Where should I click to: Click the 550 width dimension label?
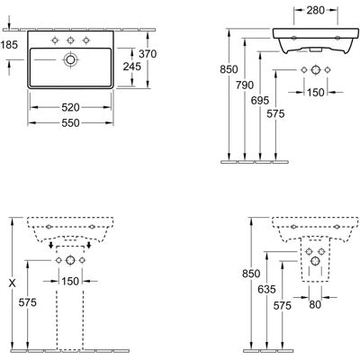(70, 123)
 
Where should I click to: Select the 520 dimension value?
(70, 107)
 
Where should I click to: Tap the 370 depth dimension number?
(148, 54)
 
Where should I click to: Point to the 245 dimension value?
(132, 67)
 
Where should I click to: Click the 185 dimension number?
(9, 45)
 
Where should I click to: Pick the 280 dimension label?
(316, 11)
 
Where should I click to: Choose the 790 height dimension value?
(245, 85)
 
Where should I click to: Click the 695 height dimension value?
(260, 101)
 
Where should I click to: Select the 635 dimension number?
(266, 290)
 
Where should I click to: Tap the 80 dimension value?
(315, 305)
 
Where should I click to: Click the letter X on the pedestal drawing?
(12, 283)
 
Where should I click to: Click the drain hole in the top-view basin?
(70, 59)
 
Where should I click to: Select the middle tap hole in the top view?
(70, 40)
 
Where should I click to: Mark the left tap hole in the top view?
(55, 40)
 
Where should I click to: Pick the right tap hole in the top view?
(86, 40)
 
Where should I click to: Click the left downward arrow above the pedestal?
(51, 245)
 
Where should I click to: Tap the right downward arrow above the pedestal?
(89, 245)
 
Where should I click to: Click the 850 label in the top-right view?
(229, 69)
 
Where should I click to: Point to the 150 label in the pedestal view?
(70, 282)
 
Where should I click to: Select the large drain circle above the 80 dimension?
(315, 261)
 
